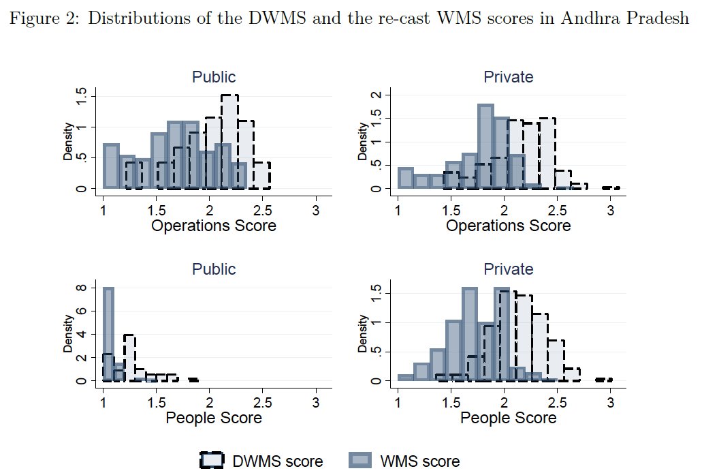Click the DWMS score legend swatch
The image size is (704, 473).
tap(215, 460)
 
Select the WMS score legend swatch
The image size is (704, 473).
tap(361, 460)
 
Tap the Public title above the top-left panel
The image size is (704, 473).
tap(214, 77)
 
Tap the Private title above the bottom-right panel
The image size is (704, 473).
tap(509, 269)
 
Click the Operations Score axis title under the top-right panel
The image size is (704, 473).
tap(509, 226)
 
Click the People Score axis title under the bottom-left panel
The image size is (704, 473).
tap(214, 418)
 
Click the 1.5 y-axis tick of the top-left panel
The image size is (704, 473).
tap(81, 97)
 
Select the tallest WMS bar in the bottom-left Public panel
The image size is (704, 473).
tap(108, 334)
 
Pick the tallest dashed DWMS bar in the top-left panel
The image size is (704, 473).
tap(229, 142)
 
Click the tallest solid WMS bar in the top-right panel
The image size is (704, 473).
tap(485, 147)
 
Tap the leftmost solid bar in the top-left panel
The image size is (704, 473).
tap(111, 166)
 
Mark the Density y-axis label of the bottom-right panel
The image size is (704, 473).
tap(362, 333)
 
